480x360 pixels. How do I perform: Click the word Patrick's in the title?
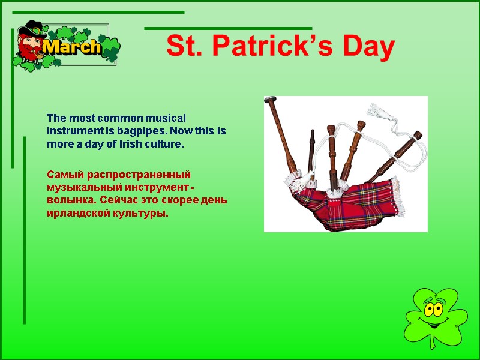274,47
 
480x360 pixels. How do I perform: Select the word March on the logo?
72,47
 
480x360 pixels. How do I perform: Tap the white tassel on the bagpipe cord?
379,112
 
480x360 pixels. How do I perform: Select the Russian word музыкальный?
84,187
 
